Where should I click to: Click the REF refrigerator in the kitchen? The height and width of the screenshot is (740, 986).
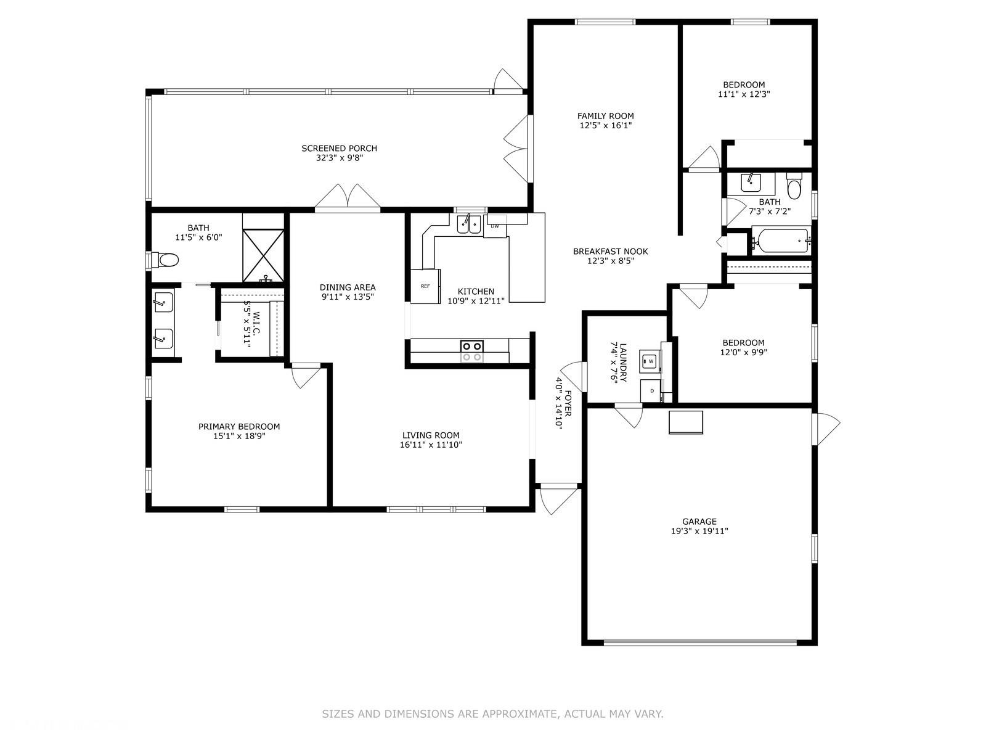(425, 286)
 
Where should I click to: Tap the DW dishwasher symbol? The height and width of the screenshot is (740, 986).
(495, 226)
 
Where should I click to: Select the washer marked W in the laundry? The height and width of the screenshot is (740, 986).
(651, 361)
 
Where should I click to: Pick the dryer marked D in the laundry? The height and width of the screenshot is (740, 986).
(652, 391)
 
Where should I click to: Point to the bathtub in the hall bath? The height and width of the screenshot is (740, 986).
(781, 242)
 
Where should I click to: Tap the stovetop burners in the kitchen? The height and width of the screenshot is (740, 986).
(471, 351)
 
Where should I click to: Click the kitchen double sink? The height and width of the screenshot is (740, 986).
(470, 224)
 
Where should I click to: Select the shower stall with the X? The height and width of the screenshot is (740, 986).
(263, 256)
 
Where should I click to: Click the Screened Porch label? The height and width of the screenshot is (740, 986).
(339, 148)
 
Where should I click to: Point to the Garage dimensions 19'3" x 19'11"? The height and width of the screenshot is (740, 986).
(699, 531)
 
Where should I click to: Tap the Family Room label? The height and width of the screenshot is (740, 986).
(606, 116)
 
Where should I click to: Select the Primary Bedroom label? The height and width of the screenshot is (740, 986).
(239, 426)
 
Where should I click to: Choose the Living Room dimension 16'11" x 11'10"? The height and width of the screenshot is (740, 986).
(431, 445)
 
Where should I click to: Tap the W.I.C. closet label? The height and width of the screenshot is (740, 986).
(256, 323)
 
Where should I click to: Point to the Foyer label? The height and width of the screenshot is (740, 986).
(568, 403)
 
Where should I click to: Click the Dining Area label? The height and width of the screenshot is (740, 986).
(348, 287)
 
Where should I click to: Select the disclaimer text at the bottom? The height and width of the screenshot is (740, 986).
(492, 714)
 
